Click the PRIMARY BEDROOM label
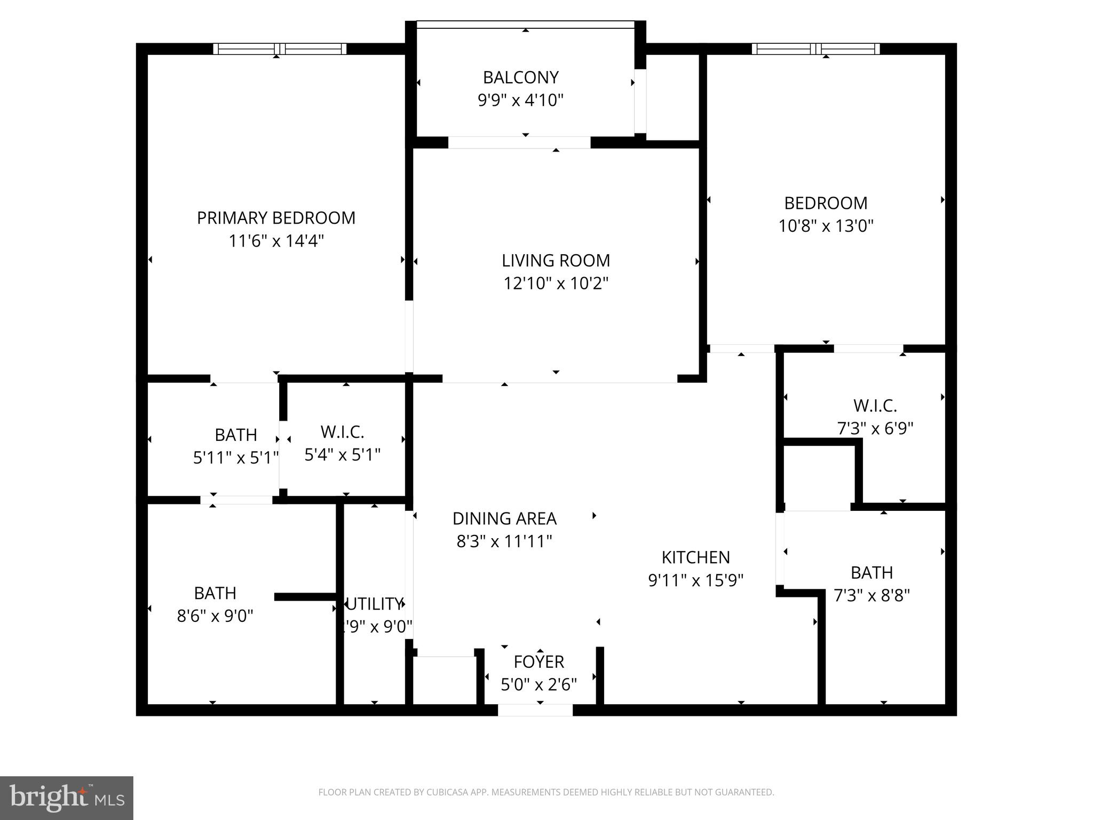(276, 218)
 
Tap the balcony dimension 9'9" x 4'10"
(520, 100)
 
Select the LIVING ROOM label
(556, 261)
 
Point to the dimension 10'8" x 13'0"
(826, 226)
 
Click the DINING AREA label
(504, 518)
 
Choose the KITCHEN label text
(695, 557)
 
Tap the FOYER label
(538, 662)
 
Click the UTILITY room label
(374, 604)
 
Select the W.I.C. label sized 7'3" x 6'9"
(875, 406)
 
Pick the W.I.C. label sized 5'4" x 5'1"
(342, 431)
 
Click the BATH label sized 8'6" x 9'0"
(215, 593)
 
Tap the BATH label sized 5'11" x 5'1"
(236, 435)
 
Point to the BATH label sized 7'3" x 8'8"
(872, 573)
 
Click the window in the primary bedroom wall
(280, 49)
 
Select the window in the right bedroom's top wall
(815, 49)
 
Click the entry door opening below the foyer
(535, 710)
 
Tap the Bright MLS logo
(66, 798)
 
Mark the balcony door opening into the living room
(519, 143)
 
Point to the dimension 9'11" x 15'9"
(695, 580)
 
